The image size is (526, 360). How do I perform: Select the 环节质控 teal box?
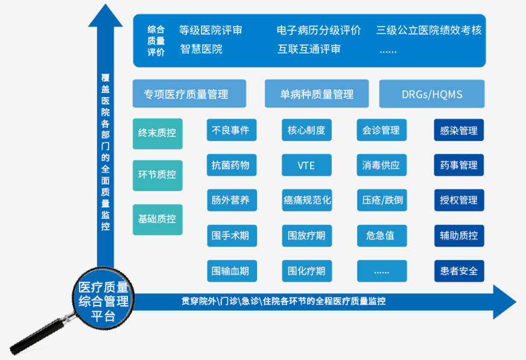click(157, 175)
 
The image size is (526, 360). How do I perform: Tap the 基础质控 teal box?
click(157, 219)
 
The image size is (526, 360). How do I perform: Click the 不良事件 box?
click(232, 130)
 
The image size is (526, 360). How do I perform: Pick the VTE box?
click(306, 165)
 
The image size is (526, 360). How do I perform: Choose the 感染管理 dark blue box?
click(459, 130)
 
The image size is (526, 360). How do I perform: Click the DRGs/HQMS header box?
click(431, 94)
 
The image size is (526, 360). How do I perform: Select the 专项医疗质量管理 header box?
click(189, 94)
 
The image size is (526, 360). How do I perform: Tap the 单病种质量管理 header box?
click(317, 94)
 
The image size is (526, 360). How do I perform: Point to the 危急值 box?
click(381, 236)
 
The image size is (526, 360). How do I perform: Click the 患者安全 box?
click(459, 271)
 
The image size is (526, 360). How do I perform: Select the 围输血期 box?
click(232, 271)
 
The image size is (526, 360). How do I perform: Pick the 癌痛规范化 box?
click(306, 200)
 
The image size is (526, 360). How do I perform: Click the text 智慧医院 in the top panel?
click(201, 49)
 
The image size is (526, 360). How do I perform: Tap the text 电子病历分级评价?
click(319, 30)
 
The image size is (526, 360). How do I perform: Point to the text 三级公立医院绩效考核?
click(429, 30)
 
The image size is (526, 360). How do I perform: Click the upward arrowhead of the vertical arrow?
click(106, 15)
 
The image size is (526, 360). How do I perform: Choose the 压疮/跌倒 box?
click(381, 200)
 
